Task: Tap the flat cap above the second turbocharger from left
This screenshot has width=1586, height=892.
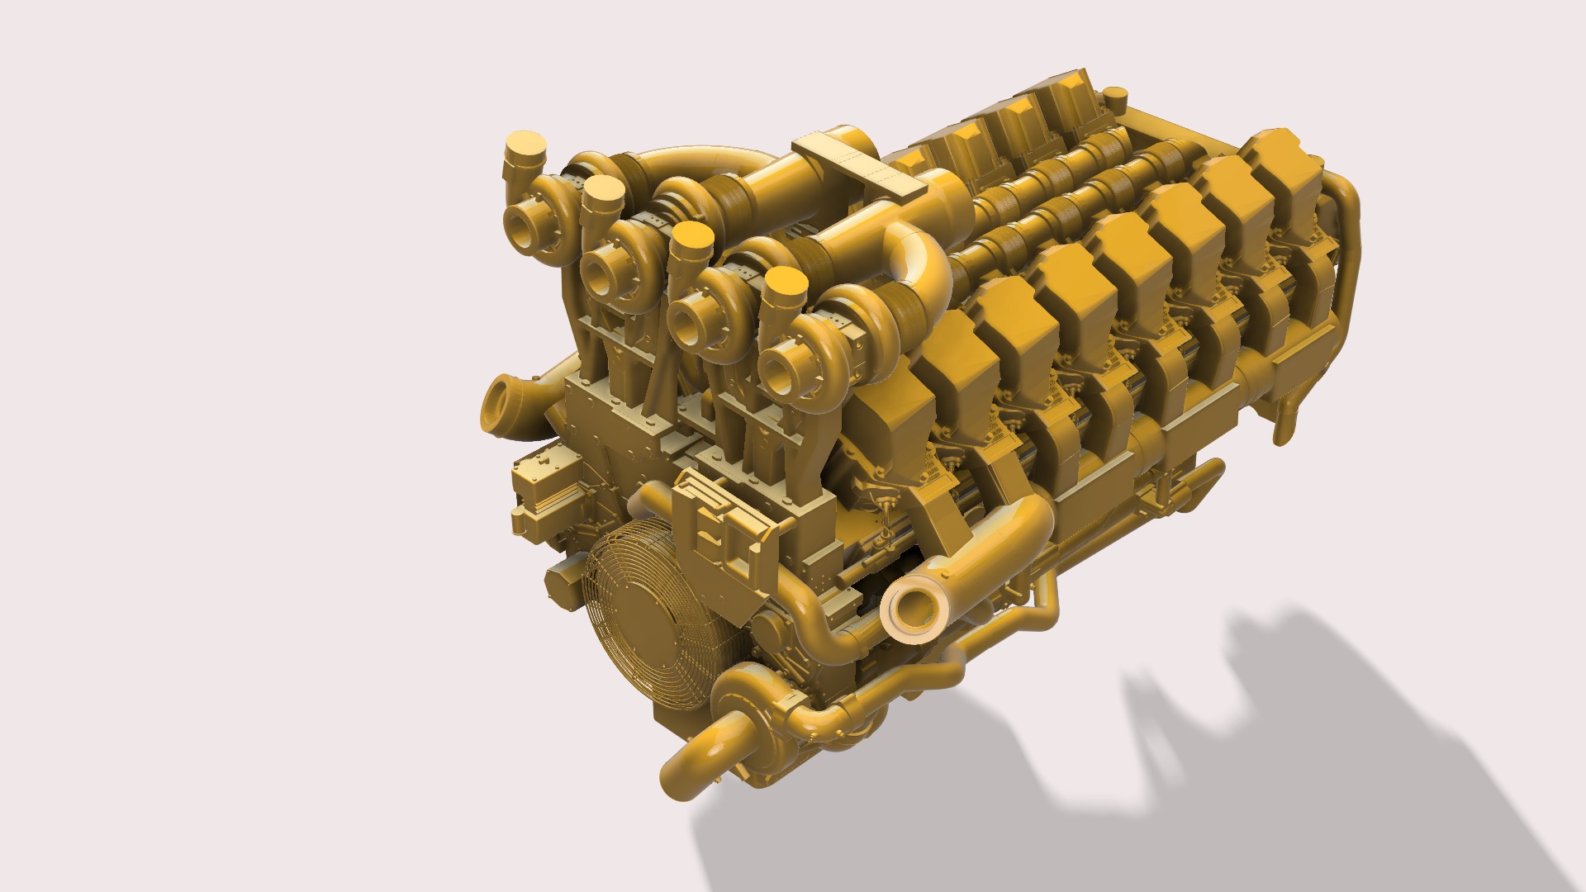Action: click(x=603, y=192)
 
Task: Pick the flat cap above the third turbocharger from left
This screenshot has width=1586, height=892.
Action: click(x=691, y=237)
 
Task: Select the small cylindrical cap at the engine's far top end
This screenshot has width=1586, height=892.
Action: click(x=1114, y=102)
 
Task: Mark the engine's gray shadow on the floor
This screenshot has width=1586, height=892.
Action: click(x=1239, y=743)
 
